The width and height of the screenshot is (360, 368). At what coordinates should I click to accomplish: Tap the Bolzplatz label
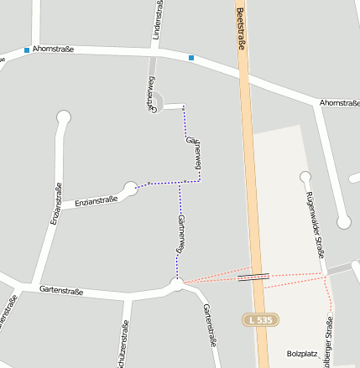(302, 354)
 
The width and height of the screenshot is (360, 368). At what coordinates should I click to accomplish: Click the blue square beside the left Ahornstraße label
(27, 50)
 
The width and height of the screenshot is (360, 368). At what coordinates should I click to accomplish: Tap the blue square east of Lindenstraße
(191, 58)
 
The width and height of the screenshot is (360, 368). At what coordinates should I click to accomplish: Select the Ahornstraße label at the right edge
(339, 102)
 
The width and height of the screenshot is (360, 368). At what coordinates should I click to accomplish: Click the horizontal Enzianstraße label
(96, 200)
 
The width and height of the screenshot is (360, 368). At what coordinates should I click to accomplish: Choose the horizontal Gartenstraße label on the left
(61, 290)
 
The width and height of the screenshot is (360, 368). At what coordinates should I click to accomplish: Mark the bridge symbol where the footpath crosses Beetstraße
(253, 275)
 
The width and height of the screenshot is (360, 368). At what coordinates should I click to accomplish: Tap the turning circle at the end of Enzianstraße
(130, 188)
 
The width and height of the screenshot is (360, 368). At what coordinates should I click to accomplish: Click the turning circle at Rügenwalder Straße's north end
(305, 177)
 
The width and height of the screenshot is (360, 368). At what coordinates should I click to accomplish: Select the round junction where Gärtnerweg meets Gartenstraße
(176, 285)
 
